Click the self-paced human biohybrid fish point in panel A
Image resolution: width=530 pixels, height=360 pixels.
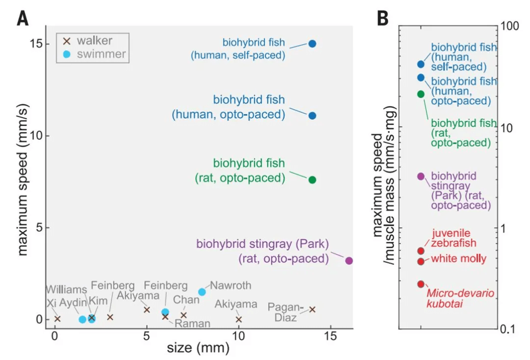pyautogui.click(x=312, y=44)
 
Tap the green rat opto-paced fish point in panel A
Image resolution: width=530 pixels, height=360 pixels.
pyautogui.click(x=312, y=180)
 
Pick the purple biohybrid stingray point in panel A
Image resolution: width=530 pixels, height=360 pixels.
pyautogui.click(x=349, y=260)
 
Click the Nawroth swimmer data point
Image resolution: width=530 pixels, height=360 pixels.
pyautogui.click(x=202, y=292)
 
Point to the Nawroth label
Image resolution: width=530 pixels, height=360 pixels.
pyautogui.click(x=231, y=285)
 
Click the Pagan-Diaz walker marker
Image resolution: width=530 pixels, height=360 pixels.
pyautogui.click(x=312, y=309)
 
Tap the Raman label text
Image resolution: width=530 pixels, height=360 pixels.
pyautogui.click(x=193, y=323)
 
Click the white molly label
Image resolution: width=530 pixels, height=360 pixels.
pyautogui.click(x=458, y=259)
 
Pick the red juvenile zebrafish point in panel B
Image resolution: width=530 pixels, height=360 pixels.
pyautogui.click(x=421, y=251)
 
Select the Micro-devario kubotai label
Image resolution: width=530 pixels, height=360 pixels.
pyautogui.click(x=460, y=299)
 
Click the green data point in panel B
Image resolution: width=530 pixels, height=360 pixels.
pyautogui.click(x=421, y=94)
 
